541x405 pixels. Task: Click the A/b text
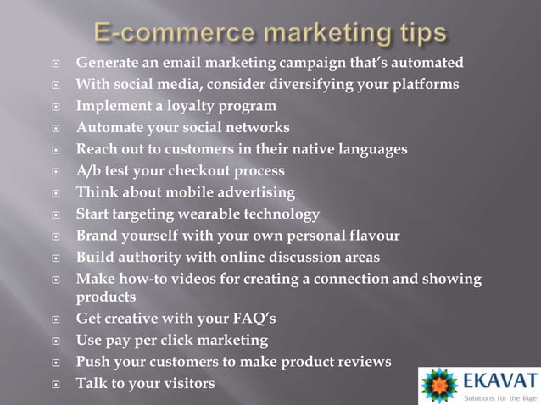pos(88,170)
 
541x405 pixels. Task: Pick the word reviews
pos(360,362)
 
